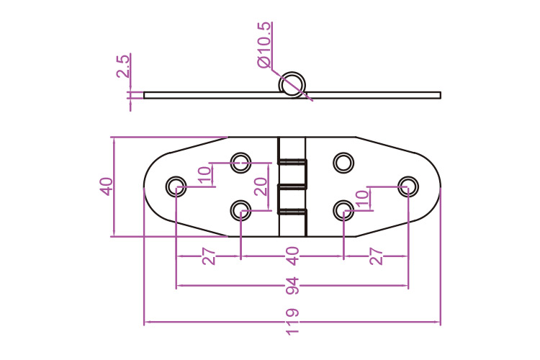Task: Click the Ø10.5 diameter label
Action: click(264, 45)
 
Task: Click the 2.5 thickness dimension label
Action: click(123, 66)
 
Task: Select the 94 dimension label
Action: click(291, 286)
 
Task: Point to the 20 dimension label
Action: click(261, 186)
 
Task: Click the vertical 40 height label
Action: click(106, 186)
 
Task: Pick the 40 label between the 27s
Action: click(292, 256)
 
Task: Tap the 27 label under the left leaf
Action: click(209, 256)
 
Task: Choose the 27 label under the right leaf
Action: click(375, 256)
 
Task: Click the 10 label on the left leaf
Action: click(204, 175)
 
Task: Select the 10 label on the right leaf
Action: click(362, 198)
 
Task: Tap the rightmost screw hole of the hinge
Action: click(408, 186)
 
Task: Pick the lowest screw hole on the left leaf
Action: click(240, 210)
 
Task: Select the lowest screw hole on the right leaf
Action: click(343, 210)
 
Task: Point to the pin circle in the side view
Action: click(292, 84)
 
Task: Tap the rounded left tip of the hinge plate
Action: click(147, 186)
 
